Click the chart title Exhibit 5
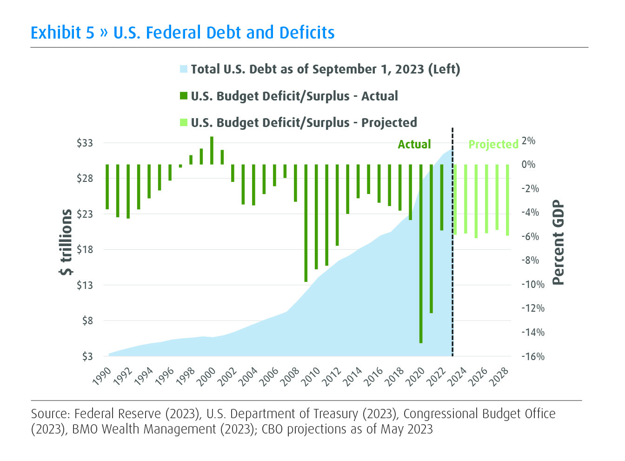182,33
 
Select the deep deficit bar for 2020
421,254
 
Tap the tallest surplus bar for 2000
212,150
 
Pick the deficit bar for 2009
306,223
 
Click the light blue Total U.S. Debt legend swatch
184,69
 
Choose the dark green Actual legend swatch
184,96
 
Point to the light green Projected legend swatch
184,123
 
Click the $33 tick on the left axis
85,143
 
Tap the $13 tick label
85,285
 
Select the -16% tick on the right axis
532,357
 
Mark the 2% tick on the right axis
529,140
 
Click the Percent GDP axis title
558,242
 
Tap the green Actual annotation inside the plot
414,145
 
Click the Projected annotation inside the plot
493,145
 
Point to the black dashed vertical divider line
452,261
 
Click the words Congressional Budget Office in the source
479,414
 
